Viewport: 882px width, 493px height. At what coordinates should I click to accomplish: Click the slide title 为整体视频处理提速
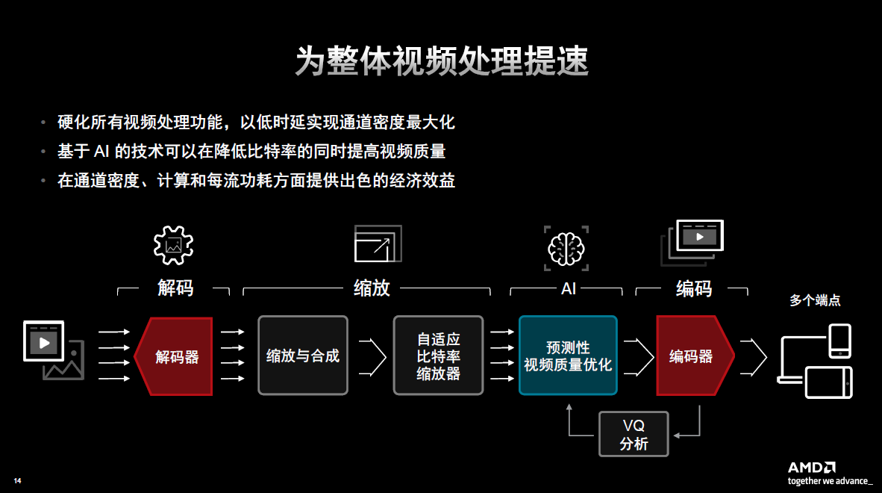coord(441,61)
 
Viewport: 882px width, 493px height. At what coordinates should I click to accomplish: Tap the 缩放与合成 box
coord(303,356)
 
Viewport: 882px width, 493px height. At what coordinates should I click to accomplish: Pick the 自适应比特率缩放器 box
coord(438,356)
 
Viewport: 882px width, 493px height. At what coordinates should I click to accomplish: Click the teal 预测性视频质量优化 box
coord(568,356)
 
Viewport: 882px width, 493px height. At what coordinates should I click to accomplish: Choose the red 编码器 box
coord(692,356)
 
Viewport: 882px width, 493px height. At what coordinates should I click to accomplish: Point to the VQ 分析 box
coord(634,435)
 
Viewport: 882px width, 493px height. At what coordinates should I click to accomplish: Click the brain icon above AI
coord(566,247)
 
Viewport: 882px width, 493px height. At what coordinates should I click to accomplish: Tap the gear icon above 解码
coord(173,244)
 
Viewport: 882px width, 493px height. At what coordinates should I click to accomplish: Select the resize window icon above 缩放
coord(378,244)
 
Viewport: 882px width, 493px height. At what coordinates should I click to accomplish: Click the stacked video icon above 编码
coord(693,242)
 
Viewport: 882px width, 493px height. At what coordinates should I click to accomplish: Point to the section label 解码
coord(175,288)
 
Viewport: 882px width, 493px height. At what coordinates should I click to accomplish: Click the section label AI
coord(569,288)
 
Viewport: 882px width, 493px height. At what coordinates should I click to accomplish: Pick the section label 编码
coord(693,288)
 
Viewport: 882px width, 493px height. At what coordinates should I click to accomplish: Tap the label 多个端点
coord(815,301)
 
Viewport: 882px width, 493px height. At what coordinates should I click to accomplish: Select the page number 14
coord(18,480)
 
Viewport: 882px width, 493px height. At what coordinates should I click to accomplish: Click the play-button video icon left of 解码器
coord(44,341)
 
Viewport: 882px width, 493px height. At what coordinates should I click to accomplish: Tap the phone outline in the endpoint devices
coord(840,341)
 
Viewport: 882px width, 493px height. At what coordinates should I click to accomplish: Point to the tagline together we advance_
coord(830,481)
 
